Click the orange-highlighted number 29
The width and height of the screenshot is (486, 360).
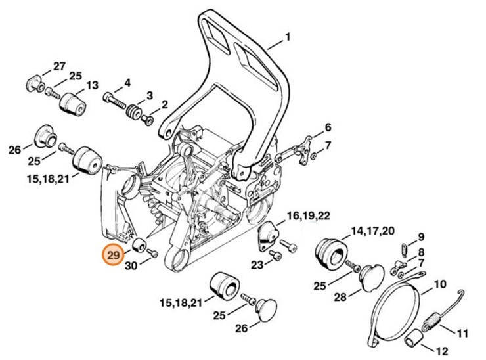[113, 254]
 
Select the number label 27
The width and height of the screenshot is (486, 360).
[60, 66]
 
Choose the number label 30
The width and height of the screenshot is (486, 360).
[131, 266]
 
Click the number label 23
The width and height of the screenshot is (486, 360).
[256, 265]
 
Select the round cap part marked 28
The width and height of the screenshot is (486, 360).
[371, 275]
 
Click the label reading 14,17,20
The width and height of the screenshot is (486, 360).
[373, 231]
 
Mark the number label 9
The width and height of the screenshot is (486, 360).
[421, 236]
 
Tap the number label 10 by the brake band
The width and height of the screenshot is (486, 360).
[439, 284]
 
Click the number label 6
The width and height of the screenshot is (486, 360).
[327, 127]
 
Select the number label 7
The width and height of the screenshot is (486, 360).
[328, 145]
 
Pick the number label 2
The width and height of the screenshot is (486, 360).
[164, 104]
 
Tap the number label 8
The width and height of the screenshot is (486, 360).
[421, 252]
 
